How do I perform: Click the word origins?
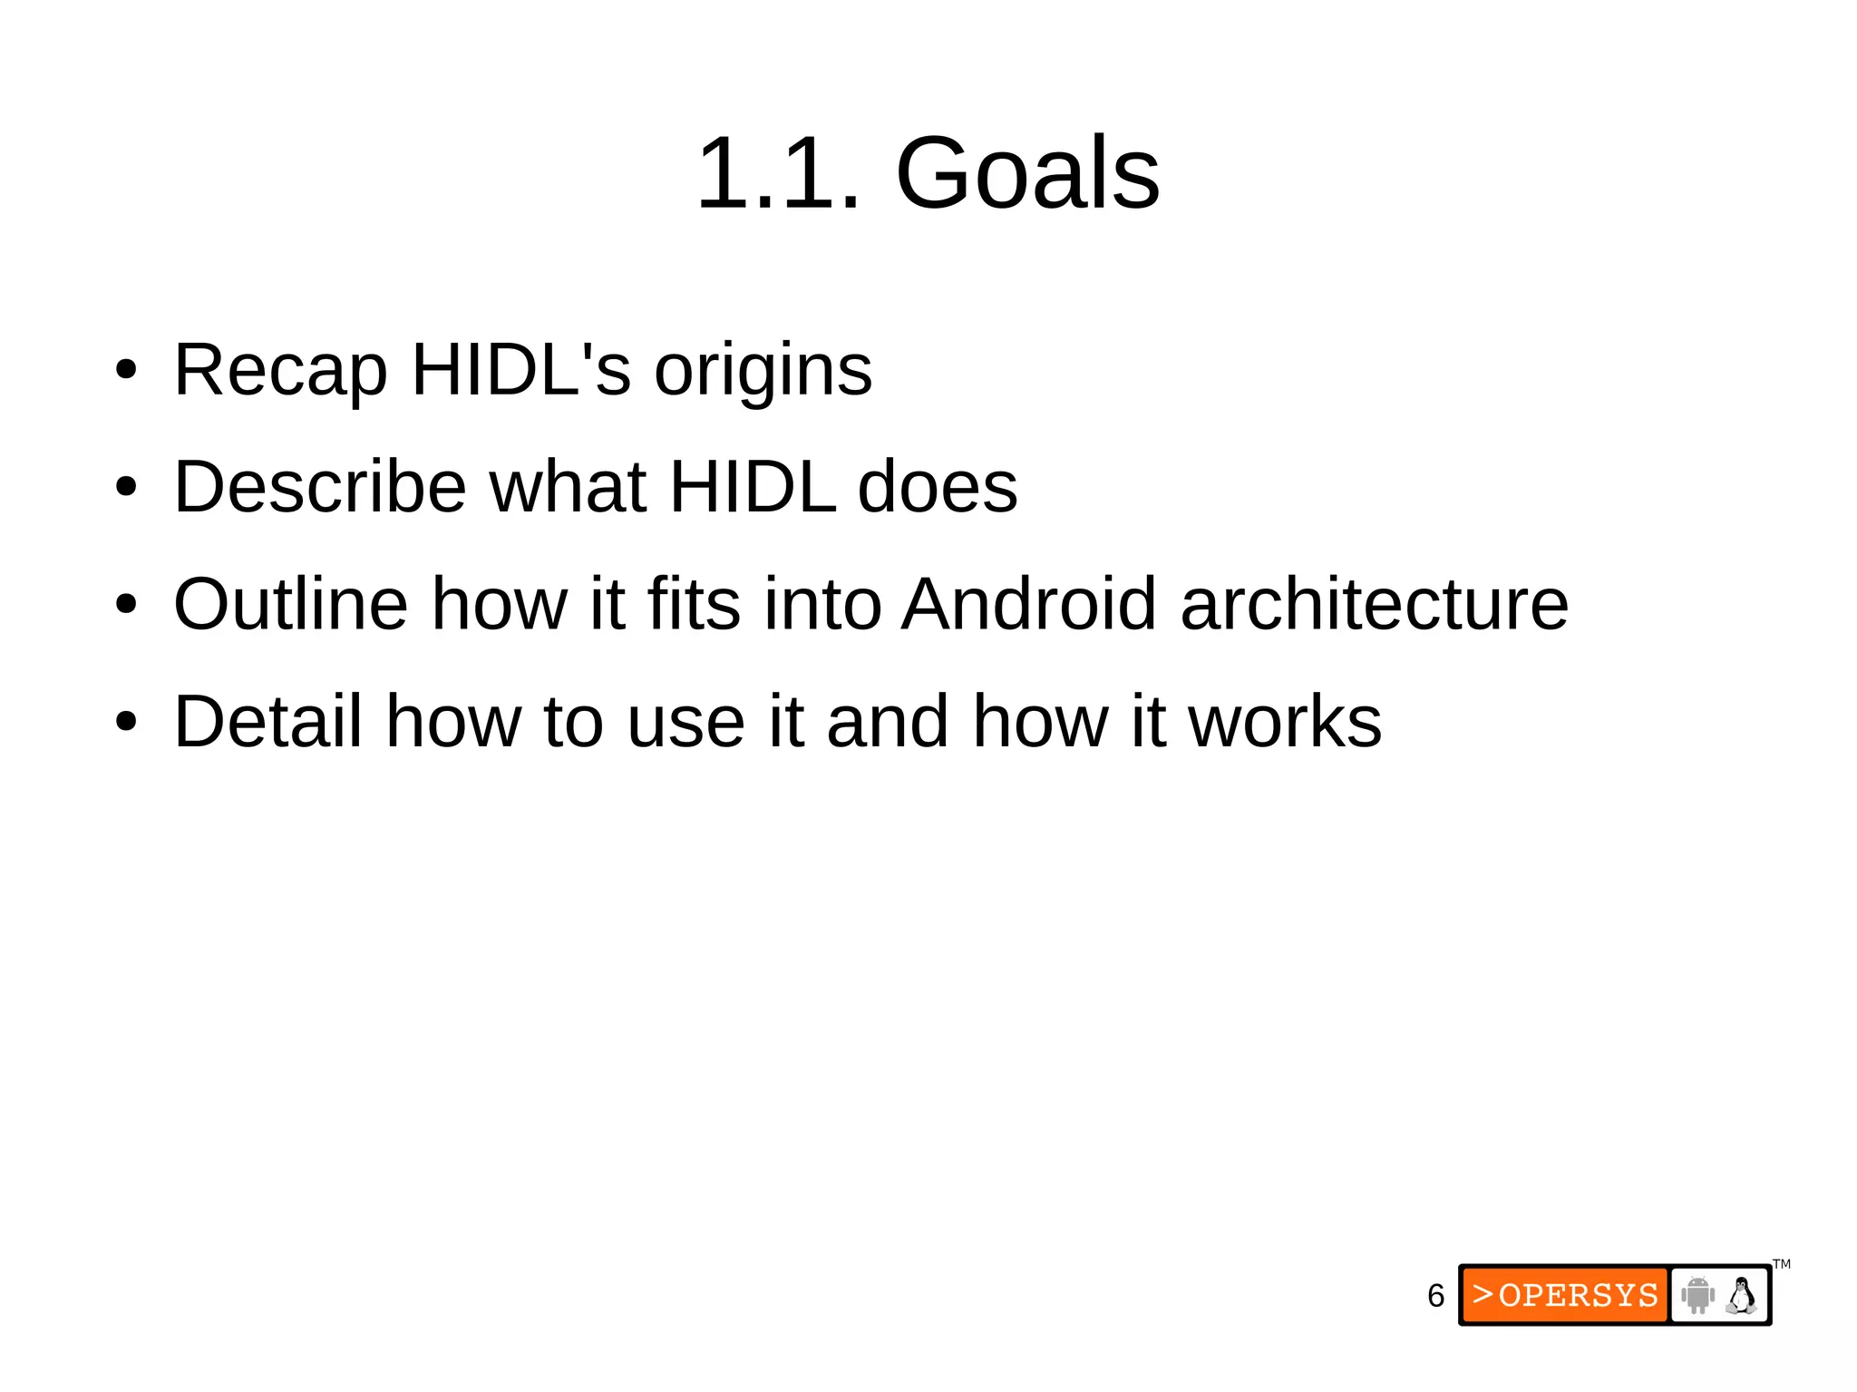763,370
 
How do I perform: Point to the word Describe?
320,487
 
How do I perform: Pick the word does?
938,487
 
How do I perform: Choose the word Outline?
290,604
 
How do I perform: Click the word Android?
1029,604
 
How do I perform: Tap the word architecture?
1374,604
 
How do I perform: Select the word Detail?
267,721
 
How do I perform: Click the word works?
1285,721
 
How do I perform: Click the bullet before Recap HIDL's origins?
126,370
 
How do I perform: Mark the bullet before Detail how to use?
126,722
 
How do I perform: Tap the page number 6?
1435,1296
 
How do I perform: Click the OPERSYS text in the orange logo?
1578,1295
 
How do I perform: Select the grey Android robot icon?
1697,1295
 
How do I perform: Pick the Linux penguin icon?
1741,1295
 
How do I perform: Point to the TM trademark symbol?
1782,1264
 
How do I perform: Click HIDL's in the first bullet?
520,370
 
